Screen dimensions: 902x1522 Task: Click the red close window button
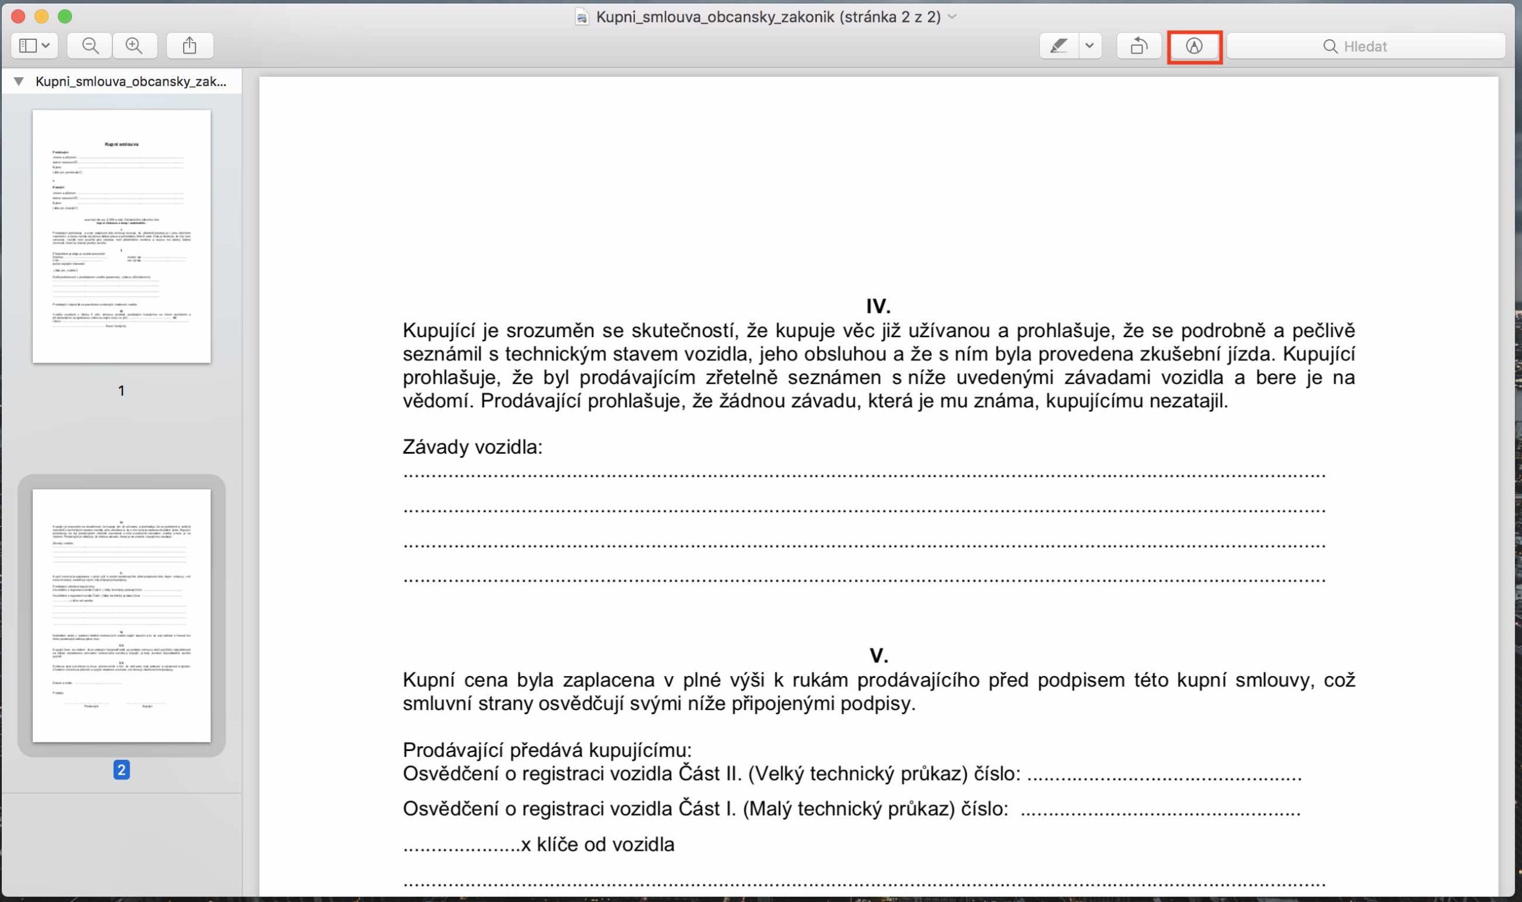[x=18, y=17]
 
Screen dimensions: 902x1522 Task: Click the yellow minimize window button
[x=41, y=17]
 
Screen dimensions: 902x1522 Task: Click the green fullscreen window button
[x=64, y=17]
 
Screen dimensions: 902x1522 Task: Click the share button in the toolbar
[x=190, y=46]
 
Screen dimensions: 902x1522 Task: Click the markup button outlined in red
[x=1194, y=46]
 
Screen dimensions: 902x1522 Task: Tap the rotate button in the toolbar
[x=1139, y=46]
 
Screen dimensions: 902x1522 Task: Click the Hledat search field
[x=1366, y=46]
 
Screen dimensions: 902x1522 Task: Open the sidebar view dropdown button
[x=34, y=46]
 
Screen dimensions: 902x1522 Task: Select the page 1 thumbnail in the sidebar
[x=121, y=237]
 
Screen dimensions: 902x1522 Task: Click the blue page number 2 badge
[x=121, y=770]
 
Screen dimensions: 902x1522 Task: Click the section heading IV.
[x=878, y=306]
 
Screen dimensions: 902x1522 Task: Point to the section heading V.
[x=879, y=655]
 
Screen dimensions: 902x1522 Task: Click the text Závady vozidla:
[x=472, y=447]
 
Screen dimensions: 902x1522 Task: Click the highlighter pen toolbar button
[x=1059, y=46]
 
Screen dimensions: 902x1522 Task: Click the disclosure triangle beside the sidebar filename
[x=19, y=81]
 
